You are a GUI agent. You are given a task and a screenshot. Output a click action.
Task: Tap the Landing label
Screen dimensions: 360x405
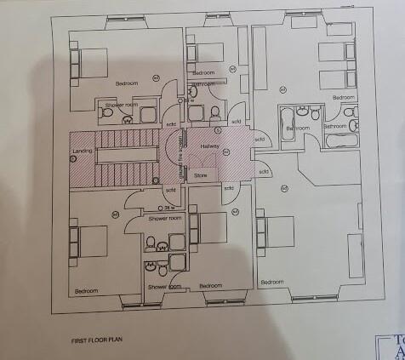83,151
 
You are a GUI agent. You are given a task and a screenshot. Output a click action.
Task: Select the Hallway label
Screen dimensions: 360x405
210,146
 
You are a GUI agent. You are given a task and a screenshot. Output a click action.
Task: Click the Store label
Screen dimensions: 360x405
201,175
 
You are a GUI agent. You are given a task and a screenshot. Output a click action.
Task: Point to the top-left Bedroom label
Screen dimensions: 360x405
127,83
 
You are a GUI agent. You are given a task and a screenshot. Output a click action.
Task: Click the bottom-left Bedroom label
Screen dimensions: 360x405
86,291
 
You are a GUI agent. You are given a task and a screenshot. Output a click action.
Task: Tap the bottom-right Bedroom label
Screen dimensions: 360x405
272,282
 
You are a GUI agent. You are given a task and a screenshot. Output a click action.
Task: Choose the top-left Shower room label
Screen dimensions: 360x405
121,105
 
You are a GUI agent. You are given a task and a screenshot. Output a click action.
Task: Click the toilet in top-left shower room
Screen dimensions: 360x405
129,119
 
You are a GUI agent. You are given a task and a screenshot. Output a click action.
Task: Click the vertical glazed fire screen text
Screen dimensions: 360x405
182,157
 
